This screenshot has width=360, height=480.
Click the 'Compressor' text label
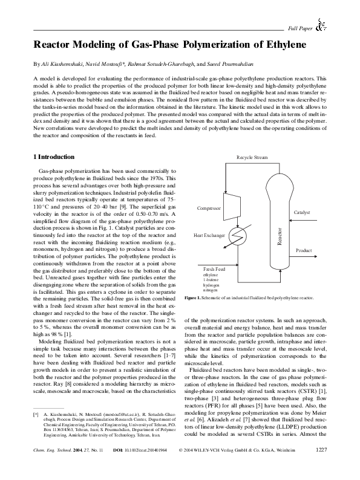(209, 208)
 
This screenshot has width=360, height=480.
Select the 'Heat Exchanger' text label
(208, 235)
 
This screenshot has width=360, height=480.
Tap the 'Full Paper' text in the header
(300, 28)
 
